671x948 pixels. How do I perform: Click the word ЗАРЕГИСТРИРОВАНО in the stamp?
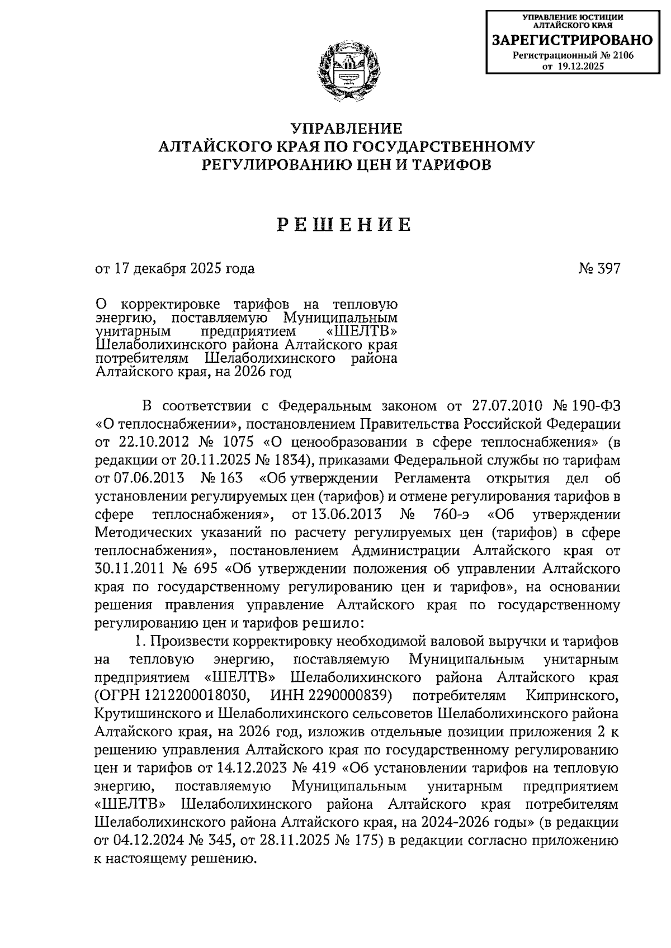571,40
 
